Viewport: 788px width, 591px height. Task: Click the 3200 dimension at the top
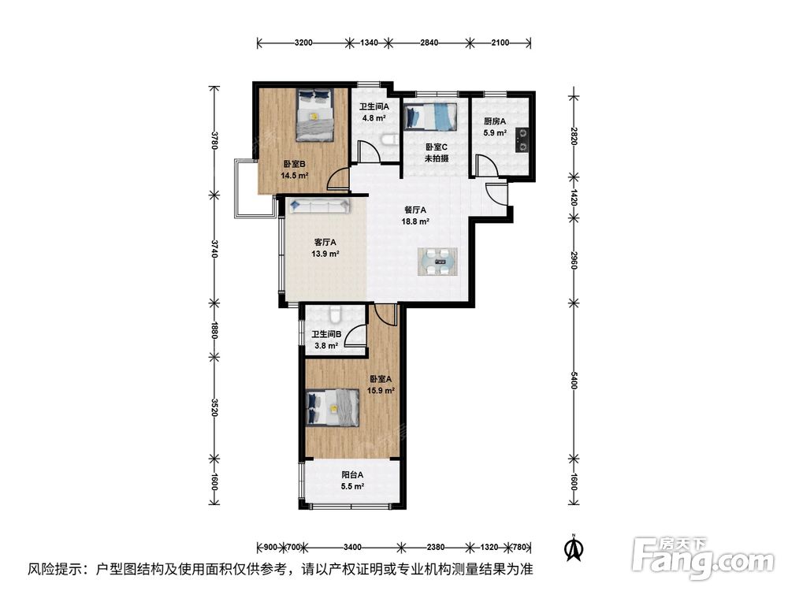(x=303, y=43)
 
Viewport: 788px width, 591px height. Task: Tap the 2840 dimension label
(x=429, y=43)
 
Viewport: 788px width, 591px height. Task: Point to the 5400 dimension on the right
(x=574, y=381)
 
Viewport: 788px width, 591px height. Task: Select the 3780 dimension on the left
(x=214, y=141)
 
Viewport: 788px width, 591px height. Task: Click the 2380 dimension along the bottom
(x=435, y=547)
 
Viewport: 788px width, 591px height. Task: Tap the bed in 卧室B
(x=314, y=115)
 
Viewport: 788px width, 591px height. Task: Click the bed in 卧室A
(x=333, y=407)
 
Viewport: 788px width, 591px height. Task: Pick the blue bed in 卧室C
(x=430, y=117)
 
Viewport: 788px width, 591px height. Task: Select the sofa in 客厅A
(x=319, y=206)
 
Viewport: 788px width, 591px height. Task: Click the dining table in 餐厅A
(x=437, y=262)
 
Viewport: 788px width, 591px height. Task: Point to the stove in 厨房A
(x=522, y=139)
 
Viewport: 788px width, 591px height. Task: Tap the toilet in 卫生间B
(x=335, y=314)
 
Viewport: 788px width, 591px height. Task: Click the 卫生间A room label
(x=374, y=106)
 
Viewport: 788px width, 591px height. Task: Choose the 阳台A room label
(x=352, y=474)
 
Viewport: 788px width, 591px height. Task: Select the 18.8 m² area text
(x=415, y=221)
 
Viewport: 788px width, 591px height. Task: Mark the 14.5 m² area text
(x=295, y=176)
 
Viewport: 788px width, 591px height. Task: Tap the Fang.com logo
(x=703, y=557)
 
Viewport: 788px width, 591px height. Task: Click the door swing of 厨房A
(x=486, y=165)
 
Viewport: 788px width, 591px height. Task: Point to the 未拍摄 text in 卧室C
(x=437, y=158)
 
